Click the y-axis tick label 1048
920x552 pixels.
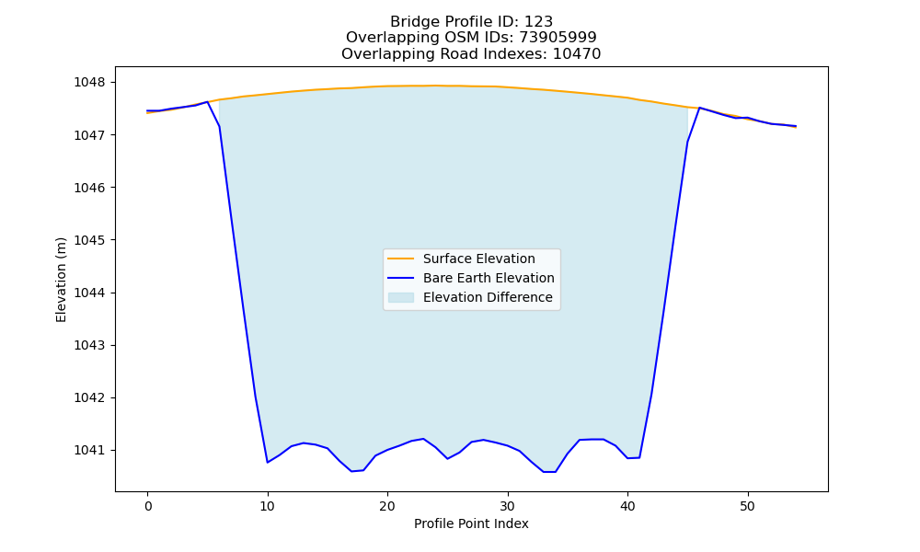89,82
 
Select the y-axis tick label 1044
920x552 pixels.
89,293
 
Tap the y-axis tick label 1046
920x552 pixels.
89,188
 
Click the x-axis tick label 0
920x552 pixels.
148,506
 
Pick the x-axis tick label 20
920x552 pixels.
387,506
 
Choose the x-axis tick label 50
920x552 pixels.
747,506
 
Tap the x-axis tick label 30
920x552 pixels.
508,506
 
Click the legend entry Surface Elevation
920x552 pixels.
478,259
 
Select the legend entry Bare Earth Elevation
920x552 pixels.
489,278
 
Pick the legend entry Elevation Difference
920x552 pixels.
488,297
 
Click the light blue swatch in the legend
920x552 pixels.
401,297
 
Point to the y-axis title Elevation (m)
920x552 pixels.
61,280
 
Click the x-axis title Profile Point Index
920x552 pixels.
471,523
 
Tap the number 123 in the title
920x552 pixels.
538,22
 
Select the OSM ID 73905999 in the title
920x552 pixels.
558,38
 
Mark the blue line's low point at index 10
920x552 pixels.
268,462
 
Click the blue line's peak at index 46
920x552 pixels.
699,108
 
